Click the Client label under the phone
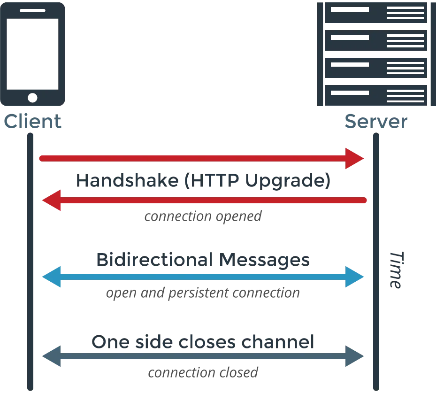tap(33, 123)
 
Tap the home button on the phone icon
tap(32, 97)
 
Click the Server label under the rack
tap(375, 123)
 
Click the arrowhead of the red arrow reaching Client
tap(51, 200)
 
